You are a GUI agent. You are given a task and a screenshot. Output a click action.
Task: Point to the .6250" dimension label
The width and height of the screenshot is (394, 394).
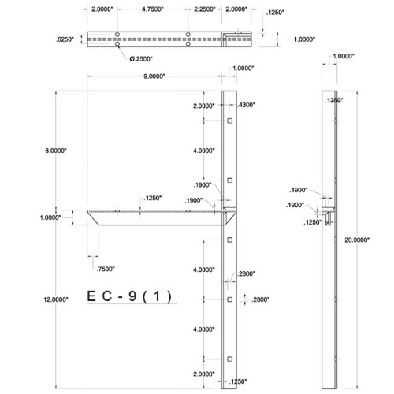pos(67,38)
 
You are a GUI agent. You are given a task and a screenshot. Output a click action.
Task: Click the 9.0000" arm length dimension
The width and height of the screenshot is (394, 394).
pos(154,77)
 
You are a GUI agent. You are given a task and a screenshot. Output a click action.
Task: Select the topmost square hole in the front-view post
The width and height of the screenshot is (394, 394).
pos(229,121)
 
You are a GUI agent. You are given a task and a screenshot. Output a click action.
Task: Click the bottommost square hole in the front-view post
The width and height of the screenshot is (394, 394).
pos(229,359)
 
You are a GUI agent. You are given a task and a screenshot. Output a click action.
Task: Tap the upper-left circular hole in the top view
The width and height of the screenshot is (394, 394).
pos(116,35)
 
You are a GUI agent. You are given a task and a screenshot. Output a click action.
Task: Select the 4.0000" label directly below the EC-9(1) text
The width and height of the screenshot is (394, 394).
pos(203,329)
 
